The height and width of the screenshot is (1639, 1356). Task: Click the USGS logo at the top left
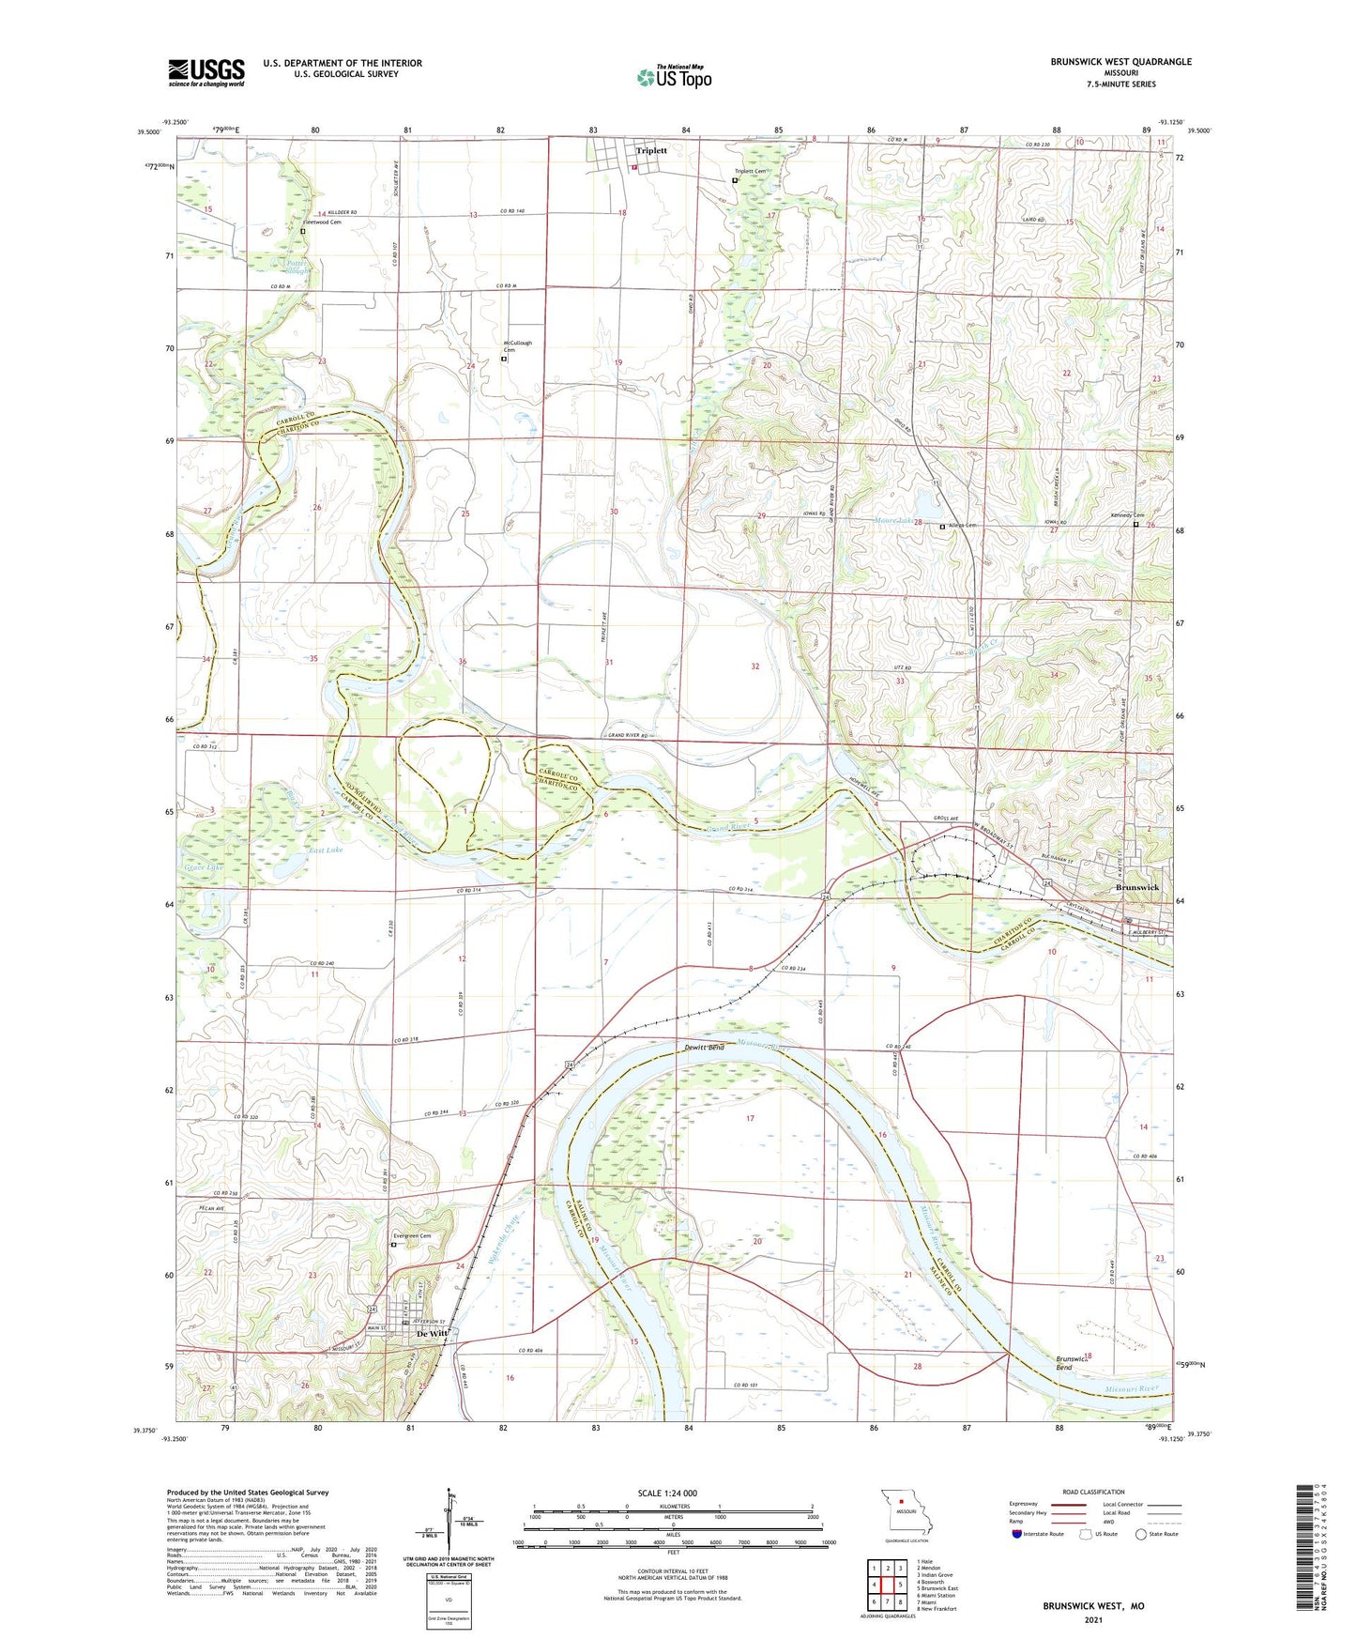(206, 72)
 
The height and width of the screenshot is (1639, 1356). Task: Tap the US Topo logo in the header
(674, 77)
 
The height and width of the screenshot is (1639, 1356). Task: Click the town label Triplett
(651, 150)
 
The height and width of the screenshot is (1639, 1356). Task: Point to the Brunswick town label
(1136, 887)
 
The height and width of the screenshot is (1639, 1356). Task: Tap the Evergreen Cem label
(419, 1236)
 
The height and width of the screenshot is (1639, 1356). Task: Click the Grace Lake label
(204, 867)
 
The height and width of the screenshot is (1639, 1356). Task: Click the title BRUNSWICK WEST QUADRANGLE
(1120, 62)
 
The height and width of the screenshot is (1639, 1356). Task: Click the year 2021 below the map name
(1093, 1619)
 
